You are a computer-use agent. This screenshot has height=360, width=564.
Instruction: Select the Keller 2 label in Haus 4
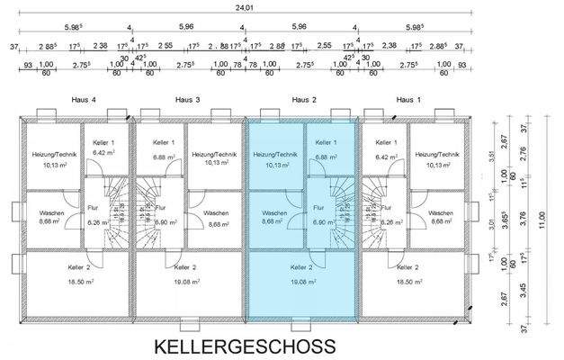coord(79,268)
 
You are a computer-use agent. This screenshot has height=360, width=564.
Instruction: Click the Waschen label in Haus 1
coord(440,213)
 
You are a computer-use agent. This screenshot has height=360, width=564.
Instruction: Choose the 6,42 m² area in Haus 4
coord(105,154)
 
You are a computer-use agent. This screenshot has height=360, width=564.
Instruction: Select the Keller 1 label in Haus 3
coord(164,143)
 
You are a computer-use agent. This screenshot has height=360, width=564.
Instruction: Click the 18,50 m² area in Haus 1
coord(410,280)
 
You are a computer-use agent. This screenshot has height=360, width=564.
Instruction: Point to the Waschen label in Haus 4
coord(51,213)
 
